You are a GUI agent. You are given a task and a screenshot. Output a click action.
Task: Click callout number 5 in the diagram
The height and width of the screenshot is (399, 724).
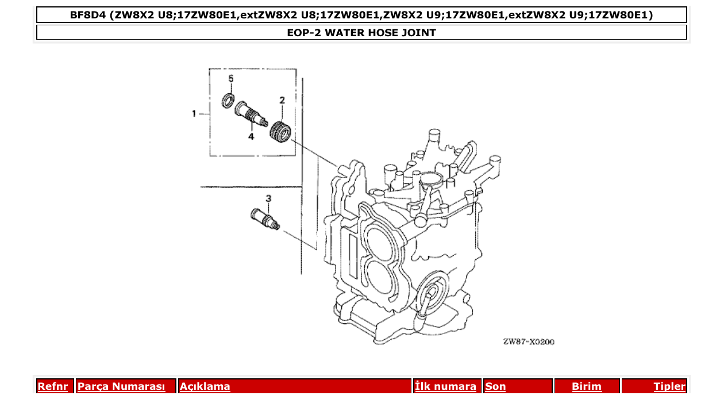231,78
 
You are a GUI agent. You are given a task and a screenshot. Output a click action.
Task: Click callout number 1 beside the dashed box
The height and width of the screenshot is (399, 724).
194,113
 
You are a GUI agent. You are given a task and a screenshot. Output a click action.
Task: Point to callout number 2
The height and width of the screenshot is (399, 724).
282,101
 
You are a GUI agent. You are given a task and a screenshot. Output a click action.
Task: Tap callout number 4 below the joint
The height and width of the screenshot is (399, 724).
251,136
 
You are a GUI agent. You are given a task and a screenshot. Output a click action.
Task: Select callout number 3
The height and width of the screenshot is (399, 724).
268,198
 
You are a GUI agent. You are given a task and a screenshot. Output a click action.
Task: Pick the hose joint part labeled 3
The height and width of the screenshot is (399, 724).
265,219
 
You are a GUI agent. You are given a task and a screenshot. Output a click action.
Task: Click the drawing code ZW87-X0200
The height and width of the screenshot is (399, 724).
529,342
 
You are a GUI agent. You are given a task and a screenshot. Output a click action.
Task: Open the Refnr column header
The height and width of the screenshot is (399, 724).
52,386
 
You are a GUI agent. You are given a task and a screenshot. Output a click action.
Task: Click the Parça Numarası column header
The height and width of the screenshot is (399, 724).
121,386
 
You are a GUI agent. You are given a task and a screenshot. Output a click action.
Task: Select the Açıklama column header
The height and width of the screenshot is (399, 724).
205,386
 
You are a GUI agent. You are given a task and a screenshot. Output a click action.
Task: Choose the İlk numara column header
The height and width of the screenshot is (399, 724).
445,386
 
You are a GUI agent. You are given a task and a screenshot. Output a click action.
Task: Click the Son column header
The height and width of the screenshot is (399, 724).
495,386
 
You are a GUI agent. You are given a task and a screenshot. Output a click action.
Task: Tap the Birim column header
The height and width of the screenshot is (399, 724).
586,386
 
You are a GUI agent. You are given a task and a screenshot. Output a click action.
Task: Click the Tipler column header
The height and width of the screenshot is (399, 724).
669,386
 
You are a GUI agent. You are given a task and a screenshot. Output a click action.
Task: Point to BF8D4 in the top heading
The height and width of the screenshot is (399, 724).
90,15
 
